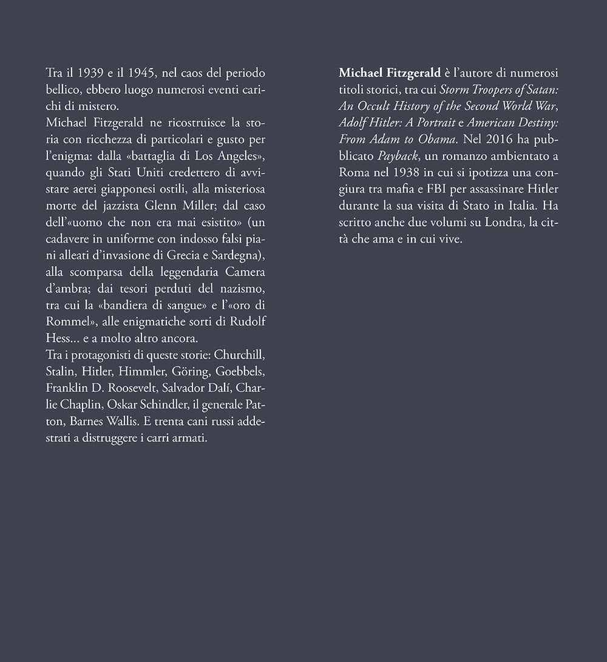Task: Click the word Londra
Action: (503, 223)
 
